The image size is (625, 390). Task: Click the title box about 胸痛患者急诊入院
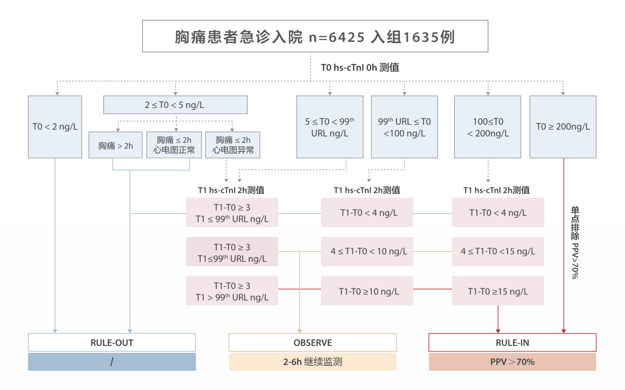(x=315, y=36)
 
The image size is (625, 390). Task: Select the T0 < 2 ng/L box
(x=55, y=127)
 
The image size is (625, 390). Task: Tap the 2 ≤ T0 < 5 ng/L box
(x=175, y=105)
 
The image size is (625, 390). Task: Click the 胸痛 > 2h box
(x=116, y=145)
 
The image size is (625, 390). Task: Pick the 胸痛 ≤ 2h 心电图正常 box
(x=174, y=145)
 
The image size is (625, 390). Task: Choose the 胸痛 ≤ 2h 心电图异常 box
(x=233, y=145)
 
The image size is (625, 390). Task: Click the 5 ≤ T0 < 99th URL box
(x=329, y=127)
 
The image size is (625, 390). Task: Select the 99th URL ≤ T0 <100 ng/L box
(x=404, y=127)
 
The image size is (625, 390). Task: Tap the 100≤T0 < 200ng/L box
(x=488, y=127)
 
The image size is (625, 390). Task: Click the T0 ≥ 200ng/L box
(x=563, y=127)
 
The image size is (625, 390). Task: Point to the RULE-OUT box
(x=112, y=342)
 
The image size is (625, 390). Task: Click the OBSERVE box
(x=312, y=342)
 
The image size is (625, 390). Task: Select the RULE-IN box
(x=512, y=342)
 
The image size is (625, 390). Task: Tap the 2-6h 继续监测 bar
(x=312, y=362)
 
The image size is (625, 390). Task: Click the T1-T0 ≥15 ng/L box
(x=498, y=291)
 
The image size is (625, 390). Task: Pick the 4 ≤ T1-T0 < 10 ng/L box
(x=367, y=252)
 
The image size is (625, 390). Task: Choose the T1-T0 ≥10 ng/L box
(x=367, y=291)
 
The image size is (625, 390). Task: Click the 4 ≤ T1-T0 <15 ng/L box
(x=498, y=252)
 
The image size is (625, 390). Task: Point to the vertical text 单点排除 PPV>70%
(x=575, y=242)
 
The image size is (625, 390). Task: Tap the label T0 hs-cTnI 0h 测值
(x=360, y=67)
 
